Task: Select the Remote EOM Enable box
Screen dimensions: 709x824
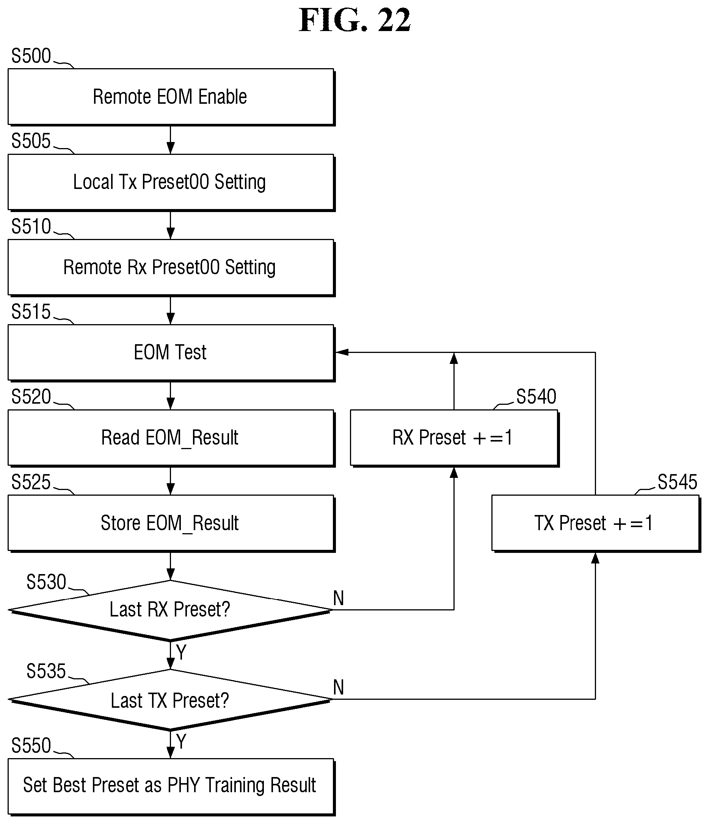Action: [171, 97]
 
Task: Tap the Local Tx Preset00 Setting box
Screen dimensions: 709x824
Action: [171, 183]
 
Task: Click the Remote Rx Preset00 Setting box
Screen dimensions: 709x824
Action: [171, 268]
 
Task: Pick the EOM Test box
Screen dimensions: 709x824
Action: [171, 353]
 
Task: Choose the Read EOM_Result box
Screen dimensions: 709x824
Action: [171, 438]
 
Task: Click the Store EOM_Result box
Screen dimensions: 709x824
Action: [171, 523]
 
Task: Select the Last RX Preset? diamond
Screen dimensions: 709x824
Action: [170, 610]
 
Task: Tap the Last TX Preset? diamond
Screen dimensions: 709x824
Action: [170, 699]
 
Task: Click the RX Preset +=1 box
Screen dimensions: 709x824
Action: [455, 438]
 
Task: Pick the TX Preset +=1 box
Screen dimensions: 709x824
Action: [596, 523]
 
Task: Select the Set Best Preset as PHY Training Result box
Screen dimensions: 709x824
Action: [171, 787]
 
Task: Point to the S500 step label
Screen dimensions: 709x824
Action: [31, 56]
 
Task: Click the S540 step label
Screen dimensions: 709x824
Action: [536, 396]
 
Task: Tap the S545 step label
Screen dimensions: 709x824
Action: [677, 482]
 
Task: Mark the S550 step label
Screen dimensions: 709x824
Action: [31, 746]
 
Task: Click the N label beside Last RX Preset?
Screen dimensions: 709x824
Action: [338, 598]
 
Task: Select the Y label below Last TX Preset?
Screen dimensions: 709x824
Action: [181, 742]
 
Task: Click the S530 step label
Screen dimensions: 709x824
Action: [46, 582]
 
